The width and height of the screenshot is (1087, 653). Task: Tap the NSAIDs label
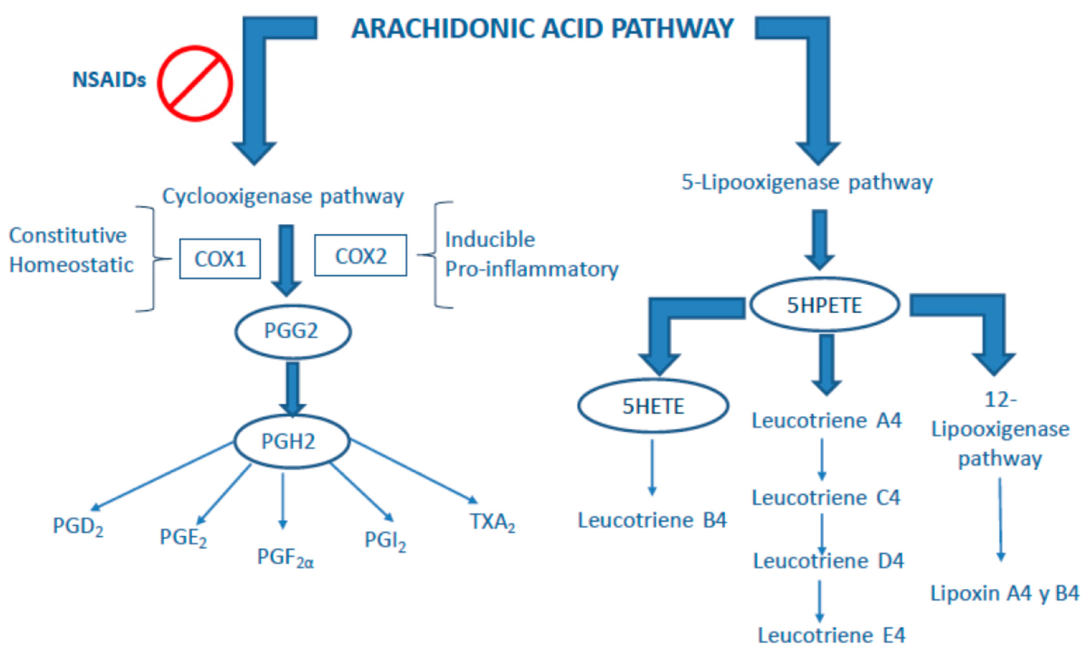pyautogui.click(x=109, y=80)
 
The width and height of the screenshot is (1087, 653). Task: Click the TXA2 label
pyautogui.click(x=492, y=522)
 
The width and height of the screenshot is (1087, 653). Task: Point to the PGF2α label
pyautogui.click(x=285, y=558)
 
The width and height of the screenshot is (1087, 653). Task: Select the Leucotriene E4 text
pyautogui.click(x=831, y=635)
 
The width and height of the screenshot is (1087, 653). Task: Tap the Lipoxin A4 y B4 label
pyautogui.click(x=1005, y=594)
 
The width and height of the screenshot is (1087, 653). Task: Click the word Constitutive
pyautogui.click(x=68, y=235)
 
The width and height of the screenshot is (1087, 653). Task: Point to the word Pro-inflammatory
pyautogui.click(x=532, y=269)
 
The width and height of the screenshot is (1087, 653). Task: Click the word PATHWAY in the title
pyautogui.click(x=672, y=29)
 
